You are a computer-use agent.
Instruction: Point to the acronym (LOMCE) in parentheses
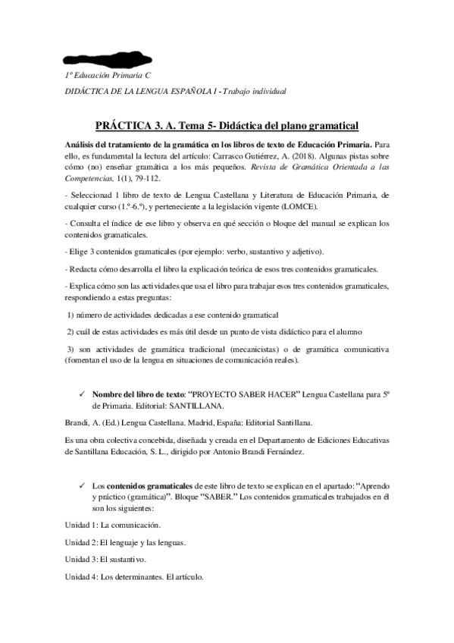(302, 207)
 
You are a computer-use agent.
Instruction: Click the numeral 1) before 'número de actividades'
(71, 314)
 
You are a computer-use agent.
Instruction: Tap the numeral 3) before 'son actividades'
(71, 348)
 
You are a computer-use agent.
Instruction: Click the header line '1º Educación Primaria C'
(108, 78)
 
